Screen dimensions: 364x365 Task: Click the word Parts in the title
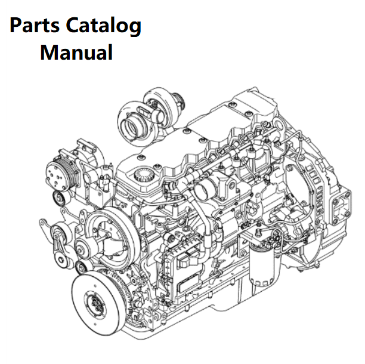pyautogui.click(x=36, y=26)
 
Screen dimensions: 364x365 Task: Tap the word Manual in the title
pyautogui.click(x=76, y=53)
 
